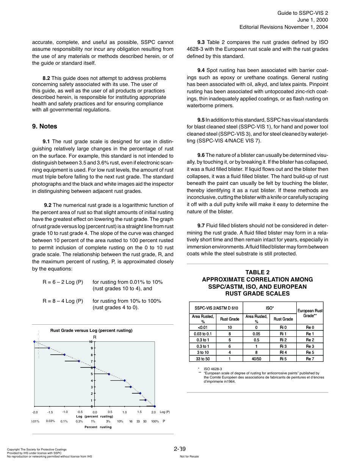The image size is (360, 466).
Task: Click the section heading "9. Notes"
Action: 44,127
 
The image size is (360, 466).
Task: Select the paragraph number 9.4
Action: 201,70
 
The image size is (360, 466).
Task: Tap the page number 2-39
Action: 180,449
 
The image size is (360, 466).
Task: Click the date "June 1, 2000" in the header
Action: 312,20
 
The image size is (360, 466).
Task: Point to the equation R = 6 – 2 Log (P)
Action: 63,282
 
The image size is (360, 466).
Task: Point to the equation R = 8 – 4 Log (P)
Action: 63,301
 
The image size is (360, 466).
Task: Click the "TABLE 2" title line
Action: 257,272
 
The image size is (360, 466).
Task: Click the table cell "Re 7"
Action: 310,359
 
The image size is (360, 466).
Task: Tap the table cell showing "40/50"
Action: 256,359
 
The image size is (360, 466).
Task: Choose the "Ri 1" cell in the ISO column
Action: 283,334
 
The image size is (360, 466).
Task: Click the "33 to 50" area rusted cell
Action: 203,359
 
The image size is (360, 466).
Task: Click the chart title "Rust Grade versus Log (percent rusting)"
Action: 91,330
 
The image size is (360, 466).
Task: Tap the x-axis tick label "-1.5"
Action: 50,412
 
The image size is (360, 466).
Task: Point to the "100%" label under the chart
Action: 155,421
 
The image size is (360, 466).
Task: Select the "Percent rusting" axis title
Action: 98,427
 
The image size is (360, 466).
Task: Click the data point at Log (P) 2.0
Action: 155,406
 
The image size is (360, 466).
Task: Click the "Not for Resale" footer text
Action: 189,457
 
